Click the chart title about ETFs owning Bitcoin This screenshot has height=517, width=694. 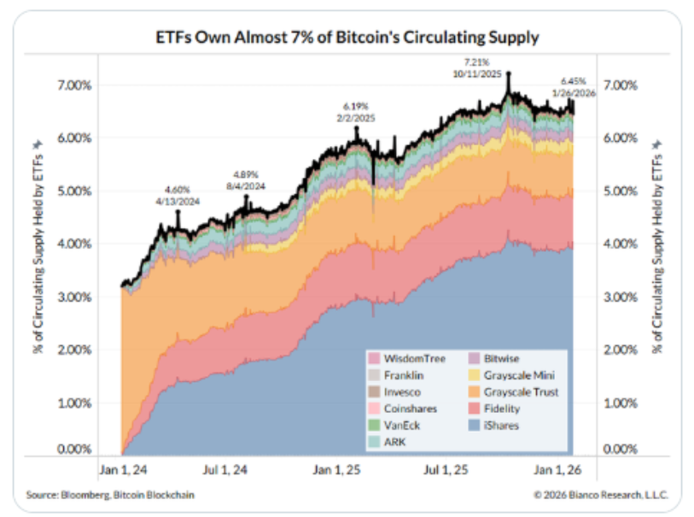tap(346, 38)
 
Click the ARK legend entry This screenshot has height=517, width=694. tap(394, 443)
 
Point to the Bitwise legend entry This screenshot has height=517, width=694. tap(500, 358)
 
